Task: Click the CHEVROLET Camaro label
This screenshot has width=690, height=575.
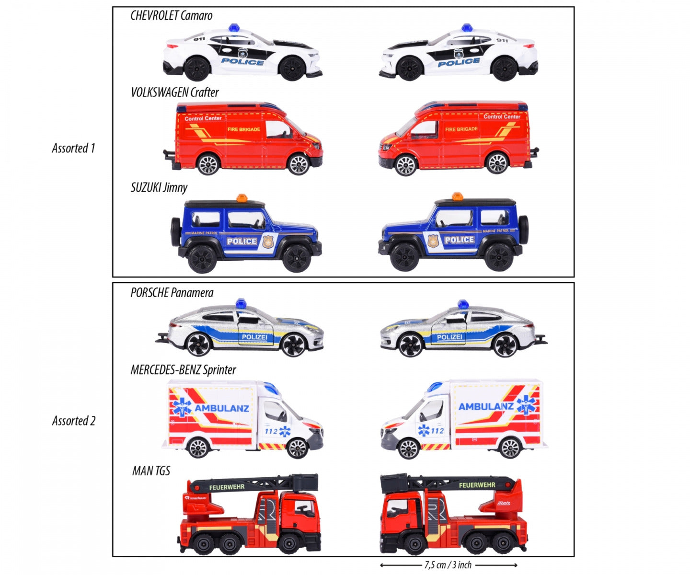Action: [172, 16]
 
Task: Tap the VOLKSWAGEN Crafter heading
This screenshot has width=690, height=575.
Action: [175, 92]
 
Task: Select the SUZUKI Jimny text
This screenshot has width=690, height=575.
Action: [159, 187]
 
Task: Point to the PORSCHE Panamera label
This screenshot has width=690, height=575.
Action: [172, 293]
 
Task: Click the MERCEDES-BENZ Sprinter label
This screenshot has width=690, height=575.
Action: [184, 370]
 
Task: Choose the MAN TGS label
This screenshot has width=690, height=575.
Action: [151, 471]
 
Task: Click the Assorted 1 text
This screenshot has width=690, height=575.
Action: [73, 149]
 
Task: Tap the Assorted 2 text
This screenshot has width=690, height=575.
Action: [74, 421]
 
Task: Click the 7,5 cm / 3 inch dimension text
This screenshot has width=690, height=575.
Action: [448, 565]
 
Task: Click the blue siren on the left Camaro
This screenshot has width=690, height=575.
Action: [234, 28]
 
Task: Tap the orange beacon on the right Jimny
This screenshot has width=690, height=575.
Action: [457, 196]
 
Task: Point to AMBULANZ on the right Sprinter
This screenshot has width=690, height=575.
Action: [486, 407]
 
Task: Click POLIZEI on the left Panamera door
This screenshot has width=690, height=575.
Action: [254, 337]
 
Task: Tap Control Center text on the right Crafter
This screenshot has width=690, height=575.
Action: [502, 116]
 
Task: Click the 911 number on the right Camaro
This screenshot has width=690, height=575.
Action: [502, 40]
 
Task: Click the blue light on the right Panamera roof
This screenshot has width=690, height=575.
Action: [463, 304]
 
